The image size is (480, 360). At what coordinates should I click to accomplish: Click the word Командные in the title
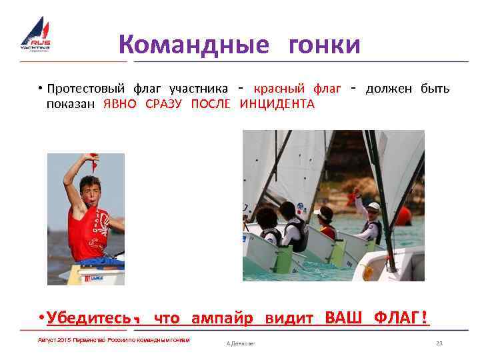point(194,45)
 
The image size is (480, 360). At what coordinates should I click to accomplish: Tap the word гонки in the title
point(325,45)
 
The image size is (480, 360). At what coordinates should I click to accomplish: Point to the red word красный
point(279,89)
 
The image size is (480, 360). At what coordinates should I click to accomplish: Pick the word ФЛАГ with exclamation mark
point(401,318)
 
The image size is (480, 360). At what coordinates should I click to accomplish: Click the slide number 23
point(439,343)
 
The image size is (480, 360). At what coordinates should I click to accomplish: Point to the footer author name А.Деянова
point(241,343)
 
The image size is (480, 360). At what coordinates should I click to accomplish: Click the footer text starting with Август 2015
point(114,340)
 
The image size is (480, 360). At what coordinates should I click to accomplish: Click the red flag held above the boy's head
point(94,161)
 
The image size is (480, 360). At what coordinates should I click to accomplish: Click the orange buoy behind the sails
point(403,215)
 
